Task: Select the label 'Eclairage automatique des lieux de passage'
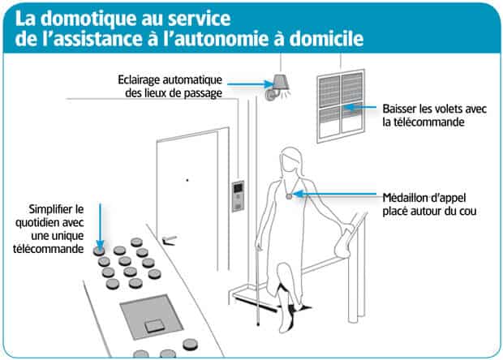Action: [168, 86]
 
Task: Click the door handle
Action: [170, 238]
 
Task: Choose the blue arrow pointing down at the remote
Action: [99, 227]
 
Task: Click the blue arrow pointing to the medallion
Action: [341, 195]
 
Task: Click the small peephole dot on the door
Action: [187, 179]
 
